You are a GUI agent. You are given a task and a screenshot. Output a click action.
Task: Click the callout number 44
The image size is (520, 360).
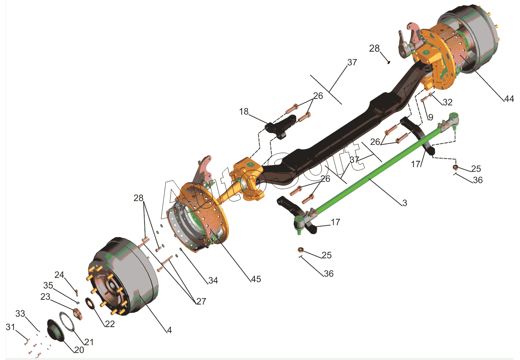point(509,99)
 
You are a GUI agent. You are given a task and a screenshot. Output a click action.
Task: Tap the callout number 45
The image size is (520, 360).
point(256,279)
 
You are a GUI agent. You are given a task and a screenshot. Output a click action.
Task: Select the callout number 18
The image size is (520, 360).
point(244,111)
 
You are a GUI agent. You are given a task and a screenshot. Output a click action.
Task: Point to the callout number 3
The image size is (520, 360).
point(405,203)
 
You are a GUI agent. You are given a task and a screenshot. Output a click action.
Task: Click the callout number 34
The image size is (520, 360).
point(213,280)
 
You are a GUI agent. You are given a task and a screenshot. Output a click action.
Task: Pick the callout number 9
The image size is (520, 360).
point(431,117)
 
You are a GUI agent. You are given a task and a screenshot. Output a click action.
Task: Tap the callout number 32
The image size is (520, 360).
point(448,102)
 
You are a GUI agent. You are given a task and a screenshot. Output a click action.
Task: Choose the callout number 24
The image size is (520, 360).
point(59,275)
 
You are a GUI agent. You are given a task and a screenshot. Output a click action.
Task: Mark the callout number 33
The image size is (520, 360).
point(20,314)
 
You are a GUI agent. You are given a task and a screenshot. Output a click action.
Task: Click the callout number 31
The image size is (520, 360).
point(10,327)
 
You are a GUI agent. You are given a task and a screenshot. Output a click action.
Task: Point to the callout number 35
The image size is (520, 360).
point(48,285)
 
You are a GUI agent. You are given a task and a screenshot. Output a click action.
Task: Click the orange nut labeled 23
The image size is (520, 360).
point(78,314)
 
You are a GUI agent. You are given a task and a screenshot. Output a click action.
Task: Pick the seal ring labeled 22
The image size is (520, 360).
point(90,303)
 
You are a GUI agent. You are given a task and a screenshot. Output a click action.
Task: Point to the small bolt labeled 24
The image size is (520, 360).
point(77,293)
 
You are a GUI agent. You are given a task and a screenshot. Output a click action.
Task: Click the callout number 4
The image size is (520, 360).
point(169,330)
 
